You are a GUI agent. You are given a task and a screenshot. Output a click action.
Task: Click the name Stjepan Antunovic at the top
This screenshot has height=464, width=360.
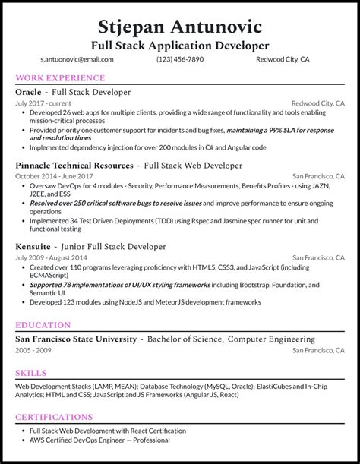180,28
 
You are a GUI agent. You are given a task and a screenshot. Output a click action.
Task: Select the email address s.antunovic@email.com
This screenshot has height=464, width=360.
77,59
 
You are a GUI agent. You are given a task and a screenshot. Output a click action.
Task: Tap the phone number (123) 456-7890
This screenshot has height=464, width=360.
180,59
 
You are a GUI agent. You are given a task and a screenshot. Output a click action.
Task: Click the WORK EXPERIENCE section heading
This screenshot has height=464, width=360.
60,78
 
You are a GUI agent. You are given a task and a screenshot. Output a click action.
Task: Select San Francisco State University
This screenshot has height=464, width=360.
76,339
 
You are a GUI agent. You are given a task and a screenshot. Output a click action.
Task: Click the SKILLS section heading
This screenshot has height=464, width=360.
31,373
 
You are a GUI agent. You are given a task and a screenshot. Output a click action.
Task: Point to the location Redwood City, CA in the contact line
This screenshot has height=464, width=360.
283,59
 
